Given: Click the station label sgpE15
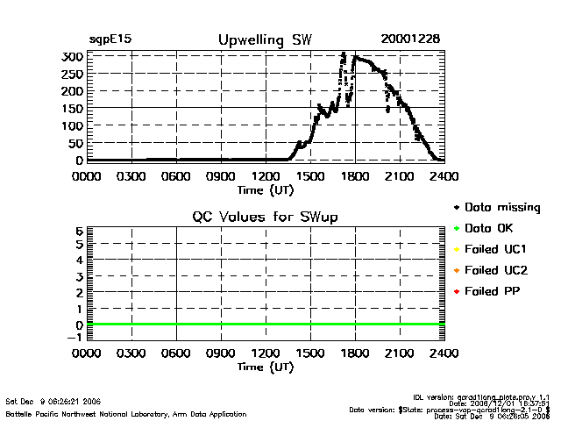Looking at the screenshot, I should [110, 39].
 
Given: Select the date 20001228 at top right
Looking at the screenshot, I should [410, 39].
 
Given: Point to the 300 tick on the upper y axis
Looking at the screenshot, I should [73, 56].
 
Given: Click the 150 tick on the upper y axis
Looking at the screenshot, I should [73, 108].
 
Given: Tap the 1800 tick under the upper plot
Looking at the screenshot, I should [355, 175].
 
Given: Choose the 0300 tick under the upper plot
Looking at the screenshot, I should [131, 175].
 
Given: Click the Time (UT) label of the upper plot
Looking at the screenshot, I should [266, 189].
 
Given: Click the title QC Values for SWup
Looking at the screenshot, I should [266, 217].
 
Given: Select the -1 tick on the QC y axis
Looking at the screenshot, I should [76, 337].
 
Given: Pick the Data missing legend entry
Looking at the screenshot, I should [502, 208].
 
